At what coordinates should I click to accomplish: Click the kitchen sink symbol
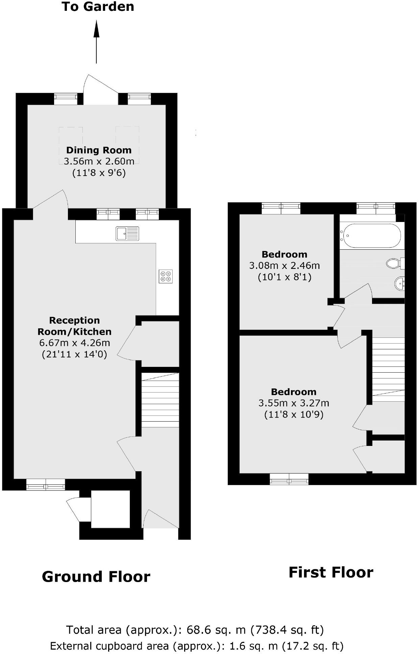tap(127, 233)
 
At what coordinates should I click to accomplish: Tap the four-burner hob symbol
tap(166, 276)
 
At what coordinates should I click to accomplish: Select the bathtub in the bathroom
tap(371, 235)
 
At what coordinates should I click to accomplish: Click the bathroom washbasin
tap(399, 283)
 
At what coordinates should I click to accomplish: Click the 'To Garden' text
tap(98, 7)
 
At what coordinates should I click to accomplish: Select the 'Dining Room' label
tap(99, 150)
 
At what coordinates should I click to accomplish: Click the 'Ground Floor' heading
tap(96, 577)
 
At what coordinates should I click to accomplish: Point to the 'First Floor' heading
tap(331, 572)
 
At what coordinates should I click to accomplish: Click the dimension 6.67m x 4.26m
tap(75, 343)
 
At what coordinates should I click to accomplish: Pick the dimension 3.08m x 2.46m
tap(285, 266)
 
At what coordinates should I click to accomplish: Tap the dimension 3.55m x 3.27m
tap(294, 403)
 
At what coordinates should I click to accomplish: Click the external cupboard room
tap(110, 509)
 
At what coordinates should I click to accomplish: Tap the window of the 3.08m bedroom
tap(281, 208)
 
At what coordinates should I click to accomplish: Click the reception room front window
tap(46, 485)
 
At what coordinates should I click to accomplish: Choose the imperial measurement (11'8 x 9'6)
tap(99, 173)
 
